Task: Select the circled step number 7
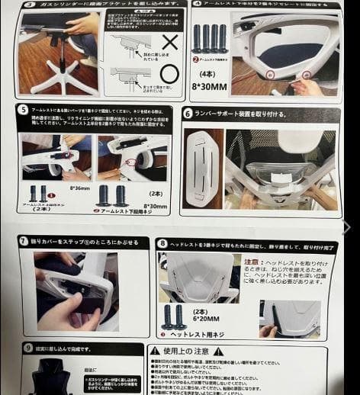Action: [x=24, y=241]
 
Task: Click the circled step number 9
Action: [x=27, y=348]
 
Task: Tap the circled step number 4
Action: [x=197, y=4]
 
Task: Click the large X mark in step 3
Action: [x=171, y=42]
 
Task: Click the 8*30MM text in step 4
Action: [x=212, y=87]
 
